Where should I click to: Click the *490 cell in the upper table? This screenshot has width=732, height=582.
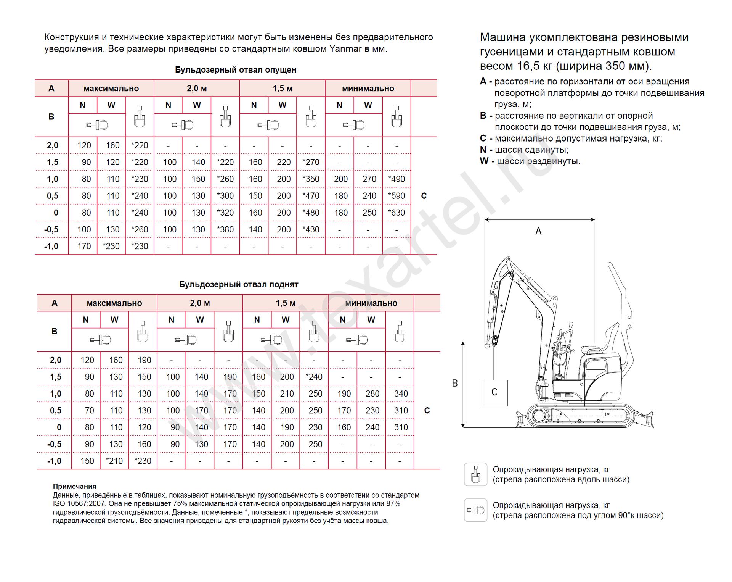396,179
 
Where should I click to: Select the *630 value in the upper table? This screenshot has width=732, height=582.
396,213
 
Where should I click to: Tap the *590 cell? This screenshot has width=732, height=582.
396,196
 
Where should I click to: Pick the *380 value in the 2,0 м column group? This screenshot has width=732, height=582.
225,229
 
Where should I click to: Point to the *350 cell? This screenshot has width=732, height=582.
311,179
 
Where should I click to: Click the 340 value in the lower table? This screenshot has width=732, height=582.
401,393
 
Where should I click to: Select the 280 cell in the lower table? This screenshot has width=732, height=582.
372,393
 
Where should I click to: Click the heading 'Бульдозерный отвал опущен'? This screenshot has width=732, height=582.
236,70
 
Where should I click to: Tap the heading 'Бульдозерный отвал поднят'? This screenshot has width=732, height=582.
239,284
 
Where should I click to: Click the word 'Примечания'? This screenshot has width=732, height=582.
75,487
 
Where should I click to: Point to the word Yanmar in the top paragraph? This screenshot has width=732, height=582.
345,49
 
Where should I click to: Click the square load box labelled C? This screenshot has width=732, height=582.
494,393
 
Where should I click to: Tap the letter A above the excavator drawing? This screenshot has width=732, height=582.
538,231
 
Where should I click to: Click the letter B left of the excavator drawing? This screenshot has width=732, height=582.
455,383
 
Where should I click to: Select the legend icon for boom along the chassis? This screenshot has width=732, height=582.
475,474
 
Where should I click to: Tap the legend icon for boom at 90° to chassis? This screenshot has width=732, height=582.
475,510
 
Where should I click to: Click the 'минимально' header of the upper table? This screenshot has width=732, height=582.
368,89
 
